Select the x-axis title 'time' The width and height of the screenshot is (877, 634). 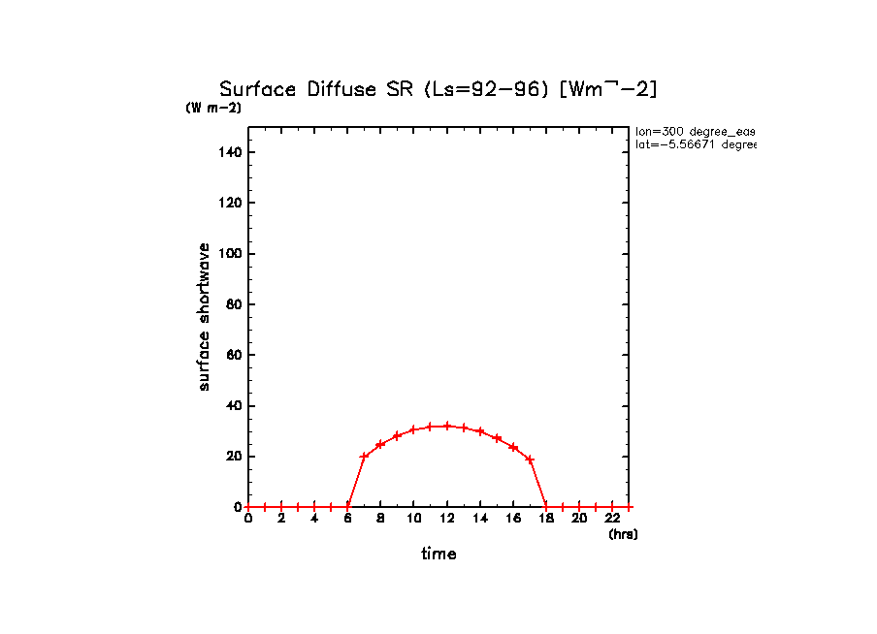(438, 555)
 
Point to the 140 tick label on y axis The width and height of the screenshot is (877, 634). (231, 152)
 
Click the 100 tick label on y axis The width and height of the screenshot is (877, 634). (231, 254)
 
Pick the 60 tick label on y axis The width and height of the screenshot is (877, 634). (234, 355)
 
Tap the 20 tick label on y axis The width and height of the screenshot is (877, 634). (234, 457)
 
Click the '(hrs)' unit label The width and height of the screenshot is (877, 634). (623, 534)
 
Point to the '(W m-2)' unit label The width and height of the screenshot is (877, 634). (213, 109)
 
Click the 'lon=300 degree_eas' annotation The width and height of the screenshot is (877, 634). (695, 131)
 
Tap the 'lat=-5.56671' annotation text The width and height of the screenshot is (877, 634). (695, 144)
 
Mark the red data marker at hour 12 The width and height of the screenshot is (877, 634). (447, 426)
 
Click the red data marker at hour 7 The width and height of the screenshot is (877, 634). (364, 457)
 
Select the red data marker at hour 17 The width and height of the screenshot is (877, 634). (530, 459)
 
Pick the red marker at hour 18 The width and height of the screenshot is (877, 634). (546, 507)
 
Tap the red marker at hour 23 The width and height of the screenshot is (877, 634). (629, 507)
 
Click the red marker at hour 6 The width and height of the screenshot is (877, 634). (347, 507)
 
